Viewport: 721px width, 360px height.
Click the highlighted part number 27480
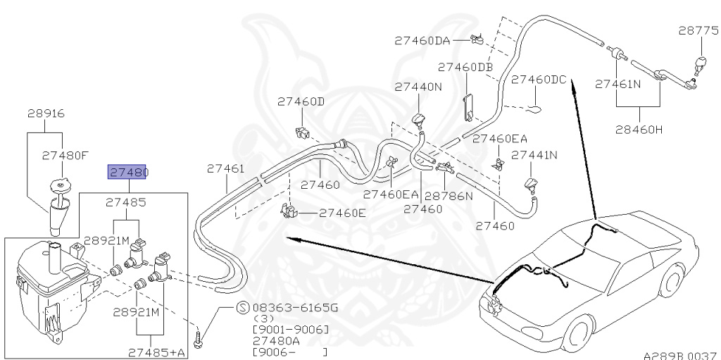(x=127, y=172)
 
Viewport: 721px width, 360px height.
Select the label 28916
(x=46, y=113)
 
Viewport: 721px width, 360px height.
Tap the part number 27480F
(x=65, y=156)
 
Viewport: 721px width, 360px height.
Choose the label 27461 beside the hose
(x=225, y=169)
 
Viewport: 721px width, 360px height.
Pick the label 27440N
(x=418, y=87)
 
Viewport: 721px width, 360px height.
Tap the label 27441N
(x=534, y=155)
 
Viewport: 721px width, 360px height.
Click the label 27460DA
(x=422, y=40)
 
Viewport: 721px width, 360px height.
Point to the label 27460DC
(x=539, y=80)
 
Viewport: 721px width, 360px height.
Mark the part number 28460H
(x=639, y=130)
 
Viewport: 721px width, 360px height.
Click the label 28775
(x=698, y=30)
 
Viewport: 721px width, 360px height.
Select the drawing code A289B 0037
(x=679, y=355)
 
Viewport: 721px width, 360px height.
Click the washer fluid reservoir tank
(x=46, y=289)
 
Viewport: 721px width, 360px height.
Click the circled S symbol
(x=242, y=308)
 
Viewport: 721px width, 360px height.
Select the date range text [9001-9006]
(x=290, y=330)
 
